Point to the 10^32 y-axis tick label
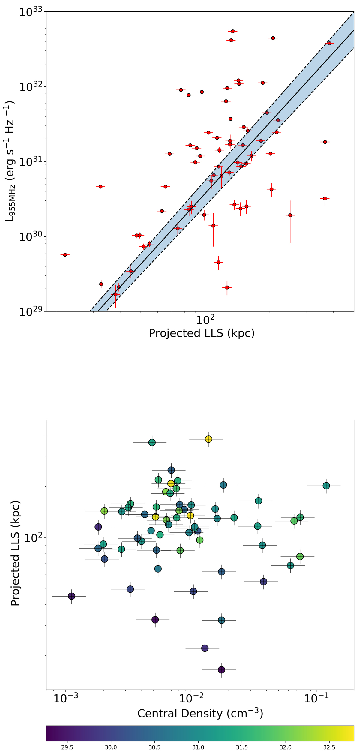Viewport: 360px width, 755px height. [x=31, y=87]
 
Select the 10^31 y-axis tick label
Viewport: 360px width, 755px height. [x=31, y=162]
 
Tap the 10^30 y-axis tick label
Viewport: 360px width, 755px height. [x=31, y=237]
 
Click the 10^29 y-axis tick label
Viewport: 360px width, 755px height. [x=31, y=312]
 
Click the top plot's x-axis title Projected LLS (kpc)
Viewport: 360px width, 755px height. [x=202, y=333]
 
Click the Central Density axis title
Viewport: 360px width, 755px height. [x=200, y=714]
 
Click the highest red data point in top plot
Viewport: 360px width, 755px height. [x=233, y=31]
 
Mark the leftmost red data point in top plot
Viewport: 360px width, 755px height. [x=65, y=255]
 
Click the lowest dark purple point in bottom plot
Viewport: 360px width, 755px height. [x=222, y=670]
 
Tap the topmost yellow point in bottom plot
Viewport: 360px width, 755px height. [x=208, y=439]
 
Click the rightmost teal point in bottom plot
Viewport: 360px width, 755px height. [x=326, y=486]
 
